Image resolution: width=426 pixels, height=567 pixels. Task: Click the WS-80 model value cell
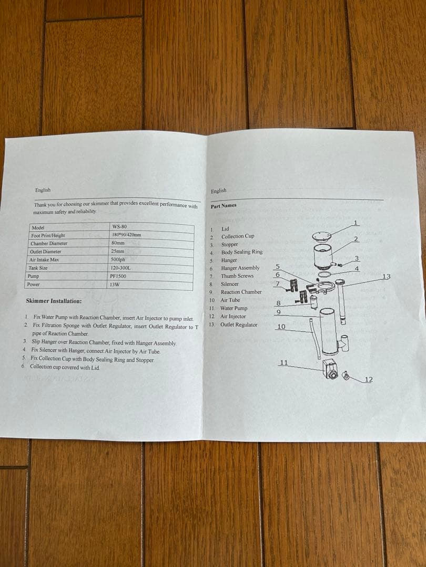tap(119, 226)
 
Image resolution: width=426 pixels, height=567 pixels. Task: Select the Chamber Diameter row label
tap(49, 244)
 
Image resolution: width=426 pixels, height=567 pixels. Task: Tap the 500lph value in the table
tap(118, 259)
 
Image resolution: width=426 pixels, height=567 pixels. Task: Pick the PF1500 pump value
tap(118, 276)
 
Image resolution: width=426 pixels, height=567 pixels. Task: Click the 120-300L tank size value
tap(120, 268)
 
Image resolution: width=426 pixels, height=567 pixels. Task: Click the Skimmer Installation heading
tap(54, 301)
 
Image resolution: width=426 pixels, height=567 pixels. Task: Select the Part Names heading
tap(224, 206)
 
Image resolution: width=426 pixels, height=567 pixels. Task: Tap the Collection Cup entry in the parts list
tap(237, 236)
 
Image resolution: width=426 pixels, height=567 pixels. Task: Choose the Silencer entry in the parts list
tap(229, 284)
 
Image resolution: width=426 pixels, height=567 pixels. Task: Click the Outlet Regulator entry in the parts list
tap(239, 324)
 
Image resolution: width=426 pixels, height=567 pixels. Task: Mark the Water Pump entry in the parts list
tap(234, 308)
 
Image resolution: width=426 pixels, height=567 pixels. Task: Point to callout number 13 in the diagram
tap(387, 276)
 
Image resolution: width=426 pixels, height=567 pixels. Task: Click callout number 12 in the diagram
tap(369, 380)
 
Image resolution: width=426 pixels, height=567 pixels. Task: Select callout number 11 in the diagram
tap(283, 362)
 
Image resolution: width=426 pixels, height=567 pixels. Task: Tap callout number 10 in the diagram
tap(281, 327)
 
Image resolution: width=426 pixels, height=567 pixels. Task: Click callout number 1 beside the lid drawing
tap(356, 223)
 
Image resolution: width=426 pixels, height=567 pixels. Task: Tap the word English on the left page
tap(43, 190)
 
